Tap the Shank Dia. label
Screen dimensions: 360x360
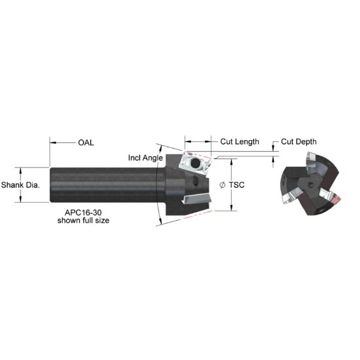tap(20, 185)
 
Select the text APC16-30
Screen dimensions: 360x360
tap(82, 213)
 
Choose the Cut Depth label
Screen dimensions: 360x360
tap(299, 141)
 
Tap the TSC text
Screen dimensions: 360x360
tap(237, 185)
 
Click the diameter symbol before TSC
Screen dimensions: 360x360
tap(223, 185)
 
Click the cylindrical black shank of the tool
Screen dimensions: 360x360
tap(105, 184)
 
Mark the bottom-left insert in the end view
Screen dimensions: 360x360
tap(289, 196)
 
